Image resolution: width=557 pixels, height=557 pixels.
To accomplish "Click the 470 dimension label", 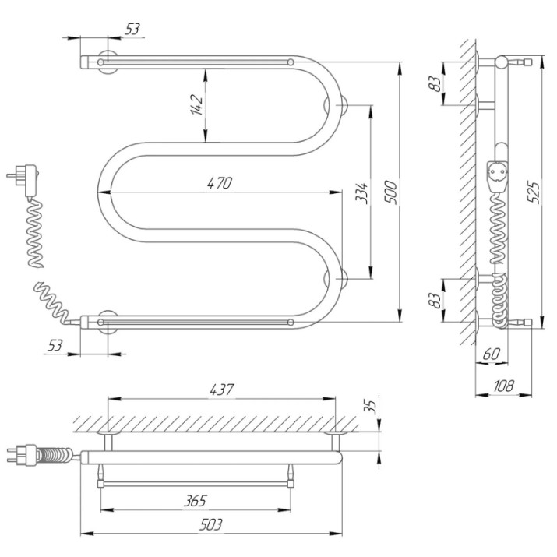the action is (x=220, y=183).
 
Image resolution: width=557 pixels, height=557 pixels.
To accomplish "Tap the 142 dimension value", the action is (x=196, y=105).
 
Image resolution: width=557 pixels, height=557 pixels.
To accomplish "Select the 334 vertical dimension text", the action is (x=361, y=193).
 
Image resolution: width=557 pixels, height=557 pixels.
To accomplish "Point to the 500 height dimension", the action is (x=390, y=192).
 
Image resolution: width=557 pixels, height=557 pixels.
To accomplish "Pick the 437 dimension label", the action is (x=222, y=390).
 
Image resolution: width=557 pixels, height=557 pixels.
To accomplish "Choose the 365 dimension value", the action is (x=195, y=501).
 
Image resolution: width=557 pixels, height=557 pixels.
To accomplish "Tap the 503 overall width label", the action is (x=210, y=524).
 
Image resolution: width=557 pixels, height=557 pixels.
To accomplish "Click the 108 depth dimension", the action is (x=503, y=386).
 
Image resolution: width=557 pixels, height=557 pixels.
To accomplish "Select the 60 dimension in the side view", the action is (x=492, y=354).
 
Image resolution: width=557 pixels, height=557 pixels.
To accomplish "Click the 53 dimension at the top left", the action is (x=132, y=29).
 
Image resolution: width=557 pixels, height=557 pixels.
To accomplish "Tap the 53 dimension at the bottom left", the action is (x=55, y=345).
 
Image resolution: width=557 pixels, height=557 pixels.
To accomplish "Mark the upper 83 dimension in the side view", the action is (x=436, y=84).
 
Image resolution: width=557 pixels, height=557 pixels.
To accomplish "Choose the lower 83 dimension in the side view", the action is (x=436, y=300).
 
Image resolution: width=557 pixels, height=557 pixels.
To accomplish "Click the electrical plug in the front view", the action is (x=24, y=179).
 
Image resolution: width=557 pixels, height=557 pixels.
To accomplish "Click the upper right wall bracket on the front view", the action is (x=342, y=105).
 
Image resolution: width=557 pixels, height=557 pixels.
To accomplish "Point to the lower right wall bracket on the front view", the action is (x=342, y=279).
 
